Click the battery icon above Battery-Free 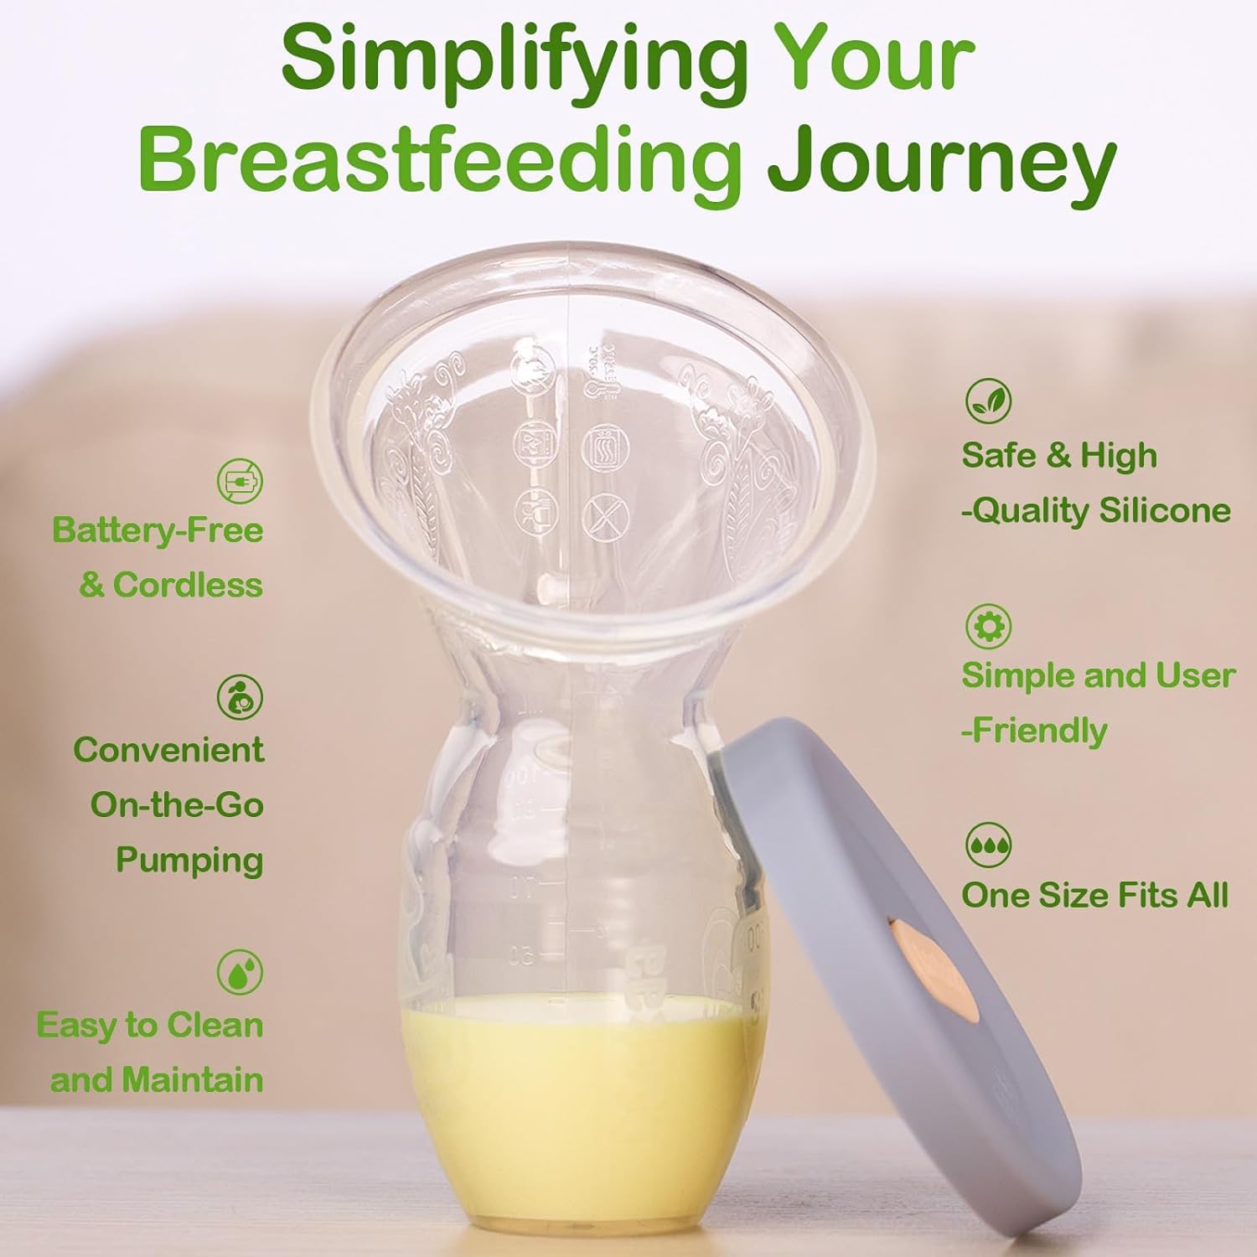tap(240, 481)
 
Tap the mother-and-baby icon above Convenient tap(240, 697)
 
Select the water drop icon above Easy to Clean tap(240, 972)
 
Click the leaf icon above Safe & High tap(988, 401)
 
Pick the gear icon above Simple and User tap(988, 625)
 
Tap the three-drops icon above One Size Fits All tap(988, 845)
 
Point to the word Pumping tap(189, 861)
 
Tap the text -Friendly tap(1034, 731)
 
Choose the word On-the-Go tap(177, 805)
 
